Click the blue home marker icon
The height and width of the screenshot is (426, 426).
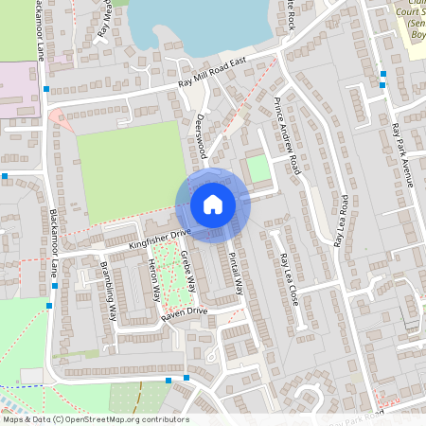pyautogui.click(x=212, y=204)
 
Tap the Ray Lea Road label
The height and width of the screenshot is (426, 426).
pyautogui.click(x=342, y=222)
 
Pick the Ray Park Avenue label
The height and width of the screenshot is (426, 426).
pyautogui.click(x=402, y=154)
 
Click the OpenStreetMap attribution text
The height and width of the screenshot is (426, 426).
pyautogui.click(x=96, y=419)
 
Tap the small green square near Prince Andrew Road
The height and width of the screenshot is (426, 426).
pyautogui.click(x=257, y=169)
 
